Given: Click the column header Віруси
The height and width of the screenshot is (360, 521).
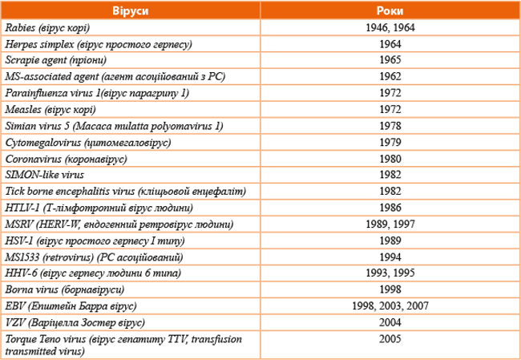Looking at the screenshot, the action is pyautogui.click(x=130, y=10).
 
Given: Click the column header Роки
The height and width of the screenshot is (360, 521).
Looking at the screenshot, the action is pyautogui.click(x=390, y=10).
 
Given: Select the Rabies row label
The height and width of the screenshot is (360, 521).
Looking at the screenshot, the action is pyautogui.click(x=47, y=28).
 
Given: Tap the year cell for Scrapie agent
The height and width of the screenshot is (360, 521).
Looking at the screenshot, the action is pyautogui.click(x=390, y=60).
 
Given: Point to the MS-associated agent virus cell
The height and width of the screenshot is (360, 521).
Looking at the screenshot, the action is pyautogui.click(x=115, y=77).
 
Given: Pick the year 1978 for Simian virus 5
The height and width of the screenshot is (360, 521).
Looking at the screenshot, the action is pyautogui.click(x=390, y=126).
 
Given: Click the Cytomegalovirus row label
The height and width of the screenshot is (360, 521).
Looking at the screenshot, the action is pyautogui.click(x=88, y=143).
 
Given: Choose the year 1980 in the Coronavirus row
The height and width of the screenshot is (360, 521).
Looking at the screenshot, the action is pyautogui.click(x=390, y=159).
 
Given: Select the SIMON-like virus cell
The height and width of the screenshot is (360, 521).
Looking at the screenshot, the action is pyautogui.click(x=45, y=175).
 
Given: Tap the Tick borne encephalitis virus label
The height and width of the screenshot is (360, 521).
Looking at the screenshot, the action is pyautogui.click(x=126, y=192).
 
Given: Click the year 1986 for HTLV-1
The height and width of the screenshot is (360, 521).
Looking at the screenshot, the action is pyautogui.click(x=390, y=208).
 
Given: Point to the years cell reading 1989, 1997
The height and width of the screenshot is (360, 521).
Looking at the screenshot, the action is pyautogui.click(x=390, y=224).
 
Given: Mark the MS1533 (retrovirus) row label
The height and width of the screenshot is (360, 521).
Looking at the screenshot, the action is pyautogui.click(x=94, y=257).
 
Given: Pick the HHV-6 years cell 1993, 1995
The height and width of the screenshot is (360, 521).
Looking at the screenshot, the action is pyautogui.click(x=390, y=273).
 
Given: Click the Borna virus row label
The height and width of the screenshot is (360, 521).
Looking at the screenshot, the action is pyautogui.click(x=65, y=290).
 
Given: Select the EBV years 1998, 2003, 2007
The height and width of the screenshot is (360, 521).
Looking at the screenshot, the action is pyautogui.click(x=390, y=305).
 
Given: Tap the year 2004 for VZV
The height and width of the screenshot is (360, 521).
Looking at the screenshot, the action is pyautogui.click(x=390, y=322).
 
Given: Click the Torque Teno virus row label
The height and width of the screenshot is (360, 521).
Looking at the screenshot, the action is pyautogui.click(x=123, y=345).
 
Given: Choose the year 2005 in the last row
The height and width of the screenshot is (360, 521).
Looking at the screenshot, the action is pyautogui.click(x=390, y=339).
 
